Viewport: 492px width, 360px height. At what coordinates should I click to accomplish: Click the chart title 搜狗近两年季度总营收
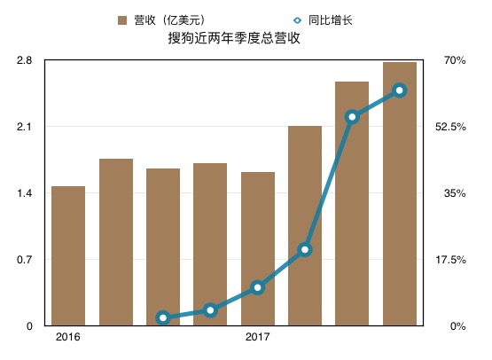click(242, 39)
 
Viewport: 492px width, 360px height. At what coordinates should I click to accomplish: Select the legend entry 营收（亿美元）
click(168, 20)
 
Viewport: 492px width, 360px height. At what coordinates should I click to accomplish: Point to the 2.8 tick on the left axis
click(24, 60)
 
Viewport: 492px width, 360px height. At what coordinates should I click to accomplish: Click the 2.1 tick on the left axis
click(24, 127)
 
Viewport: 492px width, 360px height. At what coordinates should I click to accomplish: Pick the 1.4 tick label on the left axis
click(24, 193)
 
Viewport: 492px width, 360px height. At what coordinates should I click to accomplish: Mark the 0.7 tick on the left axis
click(24, 260)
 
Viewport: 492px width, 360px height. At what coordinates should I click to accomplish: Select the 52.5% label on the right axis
click(452, 127)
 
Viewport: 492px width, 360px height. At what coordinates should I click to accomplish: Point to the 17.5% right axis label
click(452, 260)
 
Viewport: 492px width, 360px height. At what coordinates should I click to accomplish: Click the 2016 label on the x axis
click(67, 338)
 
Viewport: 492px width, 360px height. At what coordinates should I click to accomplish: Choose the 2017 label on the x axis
click(257, 338)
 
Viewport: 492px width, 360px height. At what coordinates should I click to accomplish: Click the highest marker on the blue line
click(399, 90)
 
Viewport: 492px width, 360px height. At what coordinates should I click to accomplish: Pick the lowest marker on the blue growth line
click(163, 317)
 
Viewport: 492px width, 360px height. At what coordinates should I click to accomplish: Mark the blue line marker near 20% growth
click(305, 250)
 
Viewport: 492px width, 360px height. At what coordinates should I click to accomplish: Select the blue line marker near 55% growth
click(352, 117)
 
